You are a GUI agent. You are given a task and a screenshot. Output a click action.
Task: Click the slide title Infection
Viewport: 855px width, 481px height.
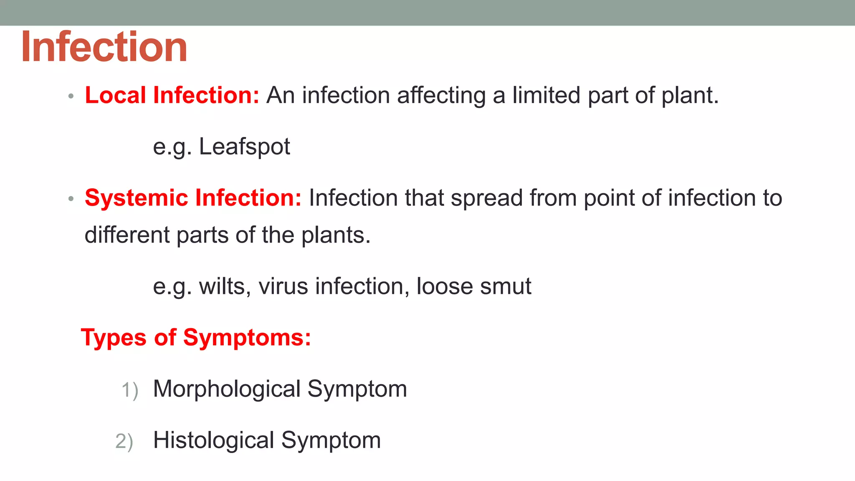[x=104, y=47]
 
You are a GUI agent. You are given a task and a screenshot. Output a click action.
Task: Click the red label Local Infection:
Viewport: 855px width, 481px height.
[x=172, y=95]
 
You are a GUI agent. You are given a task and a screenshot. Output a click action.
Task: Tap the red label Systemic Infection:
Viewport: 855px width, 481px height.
[x=193, y=197]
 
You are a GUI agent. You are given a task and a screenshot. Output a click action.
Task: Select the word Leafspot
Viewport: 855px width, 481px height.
[x=244, y=147]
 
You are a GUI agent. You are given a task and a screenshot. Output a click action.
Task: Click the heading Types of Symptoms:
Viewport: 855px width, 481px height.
[x=196, y=337]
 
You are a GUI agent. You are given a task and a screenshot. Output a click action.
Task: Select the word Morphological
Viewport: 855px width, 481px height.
[x=227, y=389]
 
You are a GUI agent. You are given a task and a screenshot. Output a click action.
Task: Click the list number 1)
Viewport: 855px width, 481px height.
[x=129, y=390]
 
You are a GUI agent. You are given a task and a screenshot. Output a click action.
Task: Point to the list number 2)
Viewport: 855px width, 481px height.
[x=124, y=442]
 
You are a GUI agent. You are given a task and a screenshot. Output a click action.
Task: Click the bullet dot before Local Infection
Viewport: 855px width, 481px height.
[x=71, y=96]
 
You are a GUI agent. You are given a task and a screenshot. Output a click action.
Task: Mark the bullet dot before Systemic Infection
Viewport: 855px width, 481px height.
[x=71, y=199]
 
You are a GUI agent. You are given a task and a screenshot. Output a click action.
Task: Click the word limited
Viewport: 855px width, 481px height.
[x=546, y=95]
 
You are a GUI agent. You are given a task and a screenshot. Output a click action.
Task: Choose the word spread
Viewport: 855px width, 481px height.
[x=486, y=198]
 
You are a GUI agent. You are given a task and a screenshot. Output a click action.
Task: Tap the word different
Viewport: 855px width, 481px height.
[x=126, y=235]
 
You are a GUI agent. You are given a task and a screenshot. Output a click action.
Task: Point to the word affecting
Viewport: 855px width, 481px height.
[x=441, y=96]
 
